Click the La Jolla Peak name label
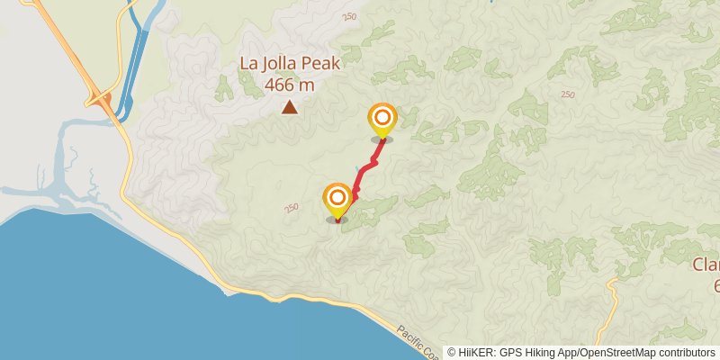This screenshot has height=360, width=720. click(289, 64)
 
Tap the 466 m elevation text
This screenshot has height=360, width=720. click(289, 85)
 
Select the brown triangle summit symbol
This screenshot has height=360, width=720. click(289, 108)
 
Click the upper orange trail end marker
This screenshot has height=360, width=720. click(382, 118)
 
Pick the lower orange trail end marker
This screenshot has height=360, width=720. click(337, 197)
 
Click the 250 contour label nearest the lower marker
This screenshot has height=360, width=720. click(291, 208)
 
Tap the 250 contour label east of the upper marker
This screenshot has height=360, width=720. click(567, 94)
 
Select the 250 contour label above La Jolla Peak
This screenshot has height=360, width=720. click(348, 17)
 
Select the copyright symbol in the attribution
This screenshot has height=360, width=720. click(452, 352)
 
